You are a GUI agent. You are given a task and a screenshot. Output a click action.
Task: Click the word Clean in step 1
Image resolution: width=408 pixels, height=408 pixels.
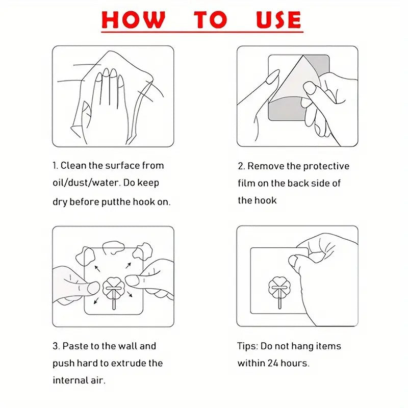coord(74,166)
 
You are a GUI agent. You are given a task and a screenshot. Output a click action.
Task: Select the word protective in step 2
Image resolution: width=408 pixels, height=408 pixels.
coord(326,166)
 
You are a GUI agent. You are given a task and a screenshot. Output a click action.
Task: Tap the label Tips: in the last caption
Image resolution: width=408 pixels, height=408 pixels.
coord(248,346)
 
